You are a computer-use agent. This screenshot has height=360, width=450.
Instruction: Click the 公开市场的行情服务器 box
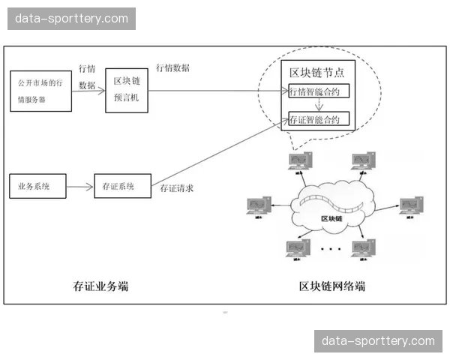41,91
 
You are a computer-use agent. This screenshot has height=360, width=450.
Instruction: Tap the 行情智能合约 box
319,91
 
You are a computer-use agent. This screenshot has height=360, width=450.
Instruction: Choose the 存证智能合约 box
319,119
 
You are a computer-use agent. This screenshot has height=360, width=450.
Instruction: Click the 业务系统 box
37,185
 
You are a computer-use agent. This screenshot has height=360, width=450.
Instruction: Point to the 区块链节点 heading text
317,72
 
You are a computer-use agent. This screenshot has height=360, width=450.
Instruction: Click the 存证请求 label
177,188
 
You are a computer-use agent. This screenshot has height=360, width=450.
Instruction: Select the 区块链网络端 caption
332,285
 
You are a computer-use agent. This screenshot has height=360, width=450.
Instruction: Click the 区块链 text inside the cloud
331,218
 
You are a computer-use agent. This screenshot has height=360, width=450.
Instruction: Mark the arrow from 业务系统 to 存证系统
80,185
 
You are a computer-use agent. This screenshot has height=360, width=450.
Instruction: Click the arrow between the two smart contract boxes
319,105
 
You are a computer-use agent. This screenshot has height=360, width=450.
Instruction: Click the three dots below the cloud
329,247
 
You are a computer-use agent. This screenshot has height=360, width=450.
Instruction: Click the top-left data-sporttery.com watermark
72,18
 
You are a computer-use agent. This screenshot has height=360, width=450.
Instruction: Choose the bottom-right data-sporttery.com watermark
378,341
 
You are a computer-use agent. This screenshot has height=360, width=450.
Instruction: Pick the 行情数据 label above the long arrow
172,67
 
